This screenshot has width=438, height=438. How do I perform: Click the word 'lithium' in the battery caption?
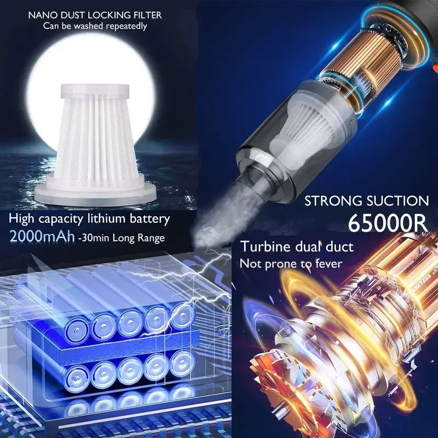pos(107,218)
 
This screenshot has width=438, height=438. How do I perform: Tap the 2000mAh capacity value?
pos(42,237)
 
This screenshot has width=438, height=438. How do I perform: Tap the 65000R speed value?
pos(388,223)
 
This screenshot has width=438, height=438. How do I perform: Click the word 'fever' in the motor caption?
pos(329,263)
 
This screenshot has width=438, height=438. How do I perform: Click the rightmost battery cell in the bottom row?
pos(182,362)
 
